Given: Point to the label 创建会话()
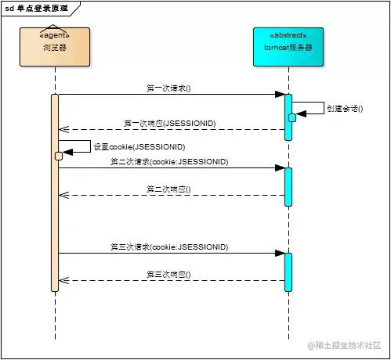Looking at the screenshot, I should pos(345,109).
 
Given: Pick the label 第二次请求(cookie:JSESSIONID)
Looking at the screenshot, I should pos(169,162).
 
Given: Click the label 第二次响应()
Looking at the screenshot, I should pos(168,189).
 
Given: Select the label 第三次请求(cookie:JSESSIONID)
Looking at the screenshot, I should pos(169,247).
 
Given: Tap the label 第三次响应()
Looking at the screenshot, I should pos(168,274).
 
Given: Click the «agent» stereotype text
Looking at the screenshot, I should pos(55,36).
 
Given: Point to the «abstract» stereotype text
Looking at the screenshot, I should pos(288,36).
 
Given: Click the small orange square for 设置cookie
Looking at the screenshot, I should pos(58,156).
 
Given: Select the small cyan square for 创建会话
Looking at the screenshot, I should pos(291,117).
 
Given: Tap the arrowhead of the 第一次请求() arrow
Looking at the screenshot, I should pos(280,95).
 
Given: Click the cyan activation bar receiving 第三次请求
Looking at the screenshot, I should pos(288,271).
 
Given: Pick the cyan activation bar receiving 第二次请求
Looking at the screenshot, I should pos(288,186).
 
